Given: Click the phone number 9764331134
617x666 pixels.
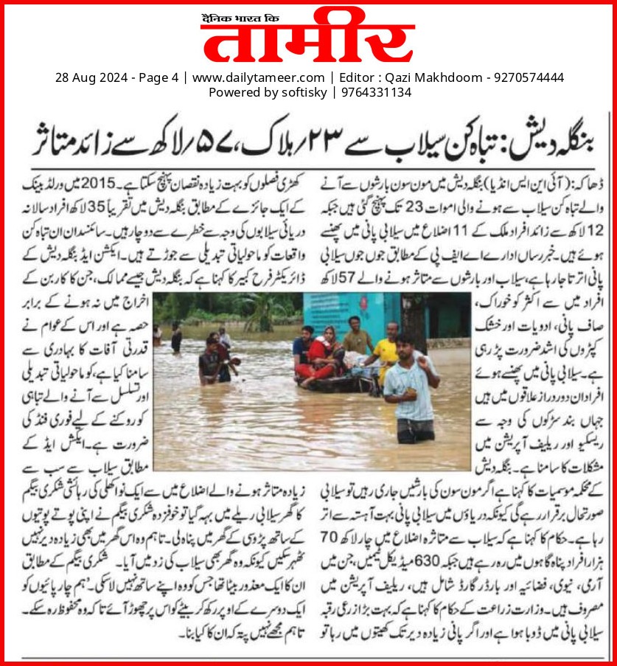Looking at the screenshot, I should tap(375, 92).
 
